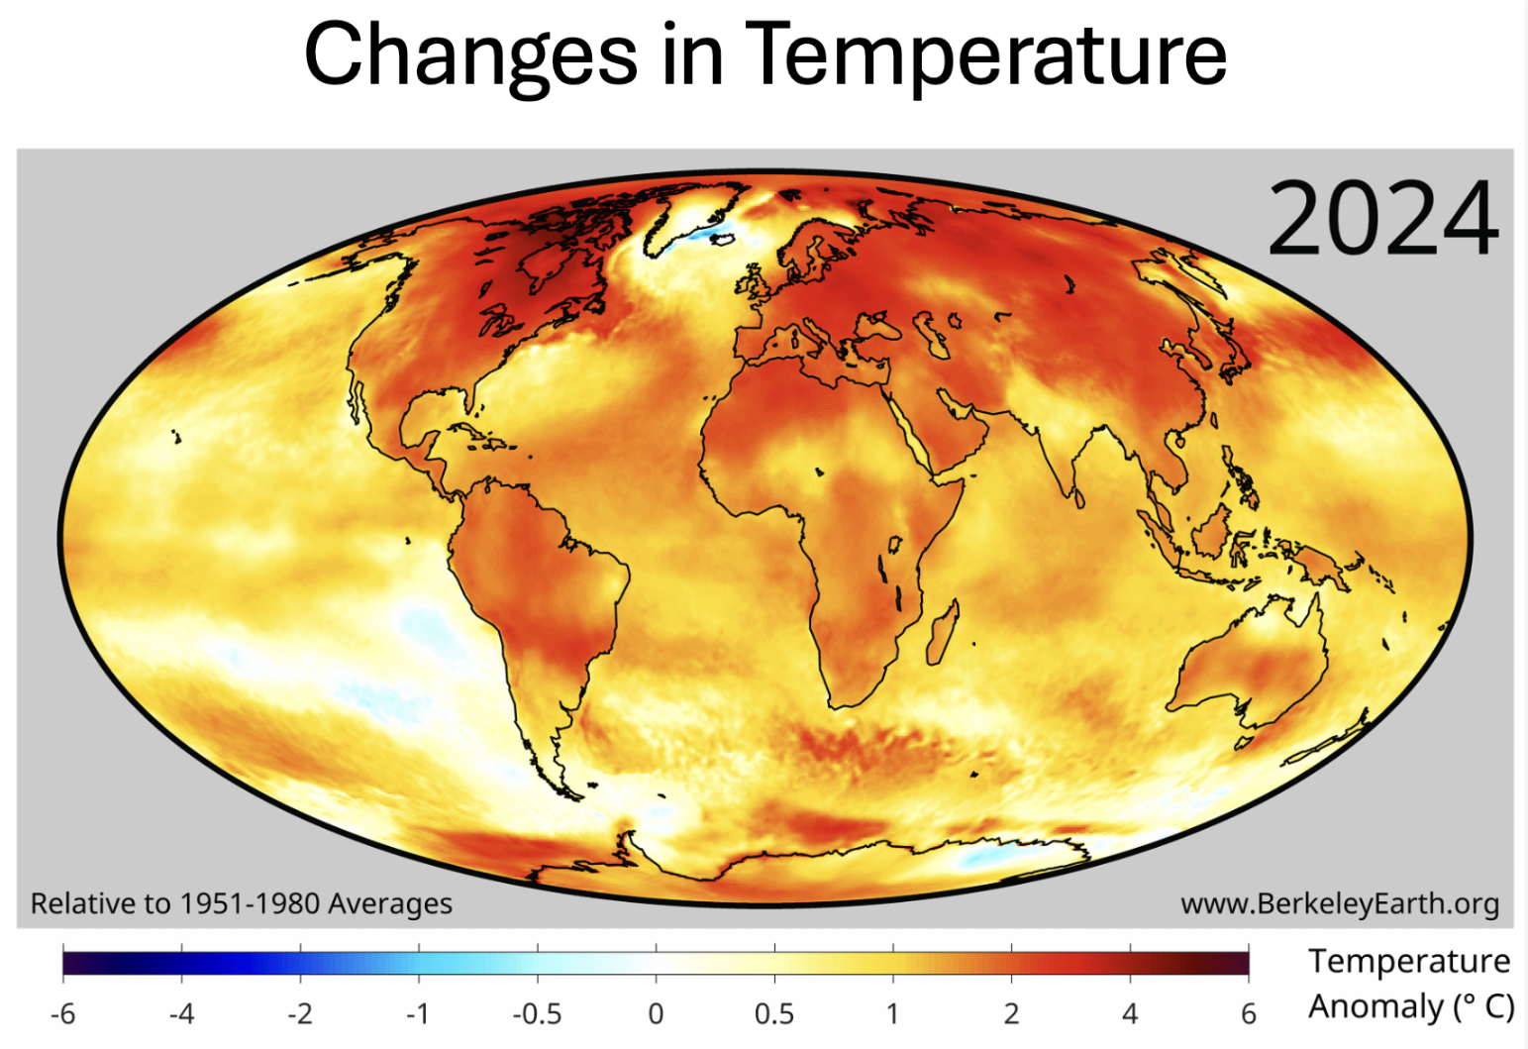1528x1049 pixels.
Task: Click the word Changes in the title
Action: (x=470, y=54)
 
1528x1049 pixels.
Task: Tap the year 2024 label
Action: (x=1382, y=219)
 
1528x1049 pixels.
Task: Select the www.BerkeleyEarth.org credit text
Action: (x=1339, y=903)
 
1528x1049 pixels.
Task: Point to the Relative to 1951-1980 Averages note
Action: (x=241, y=903)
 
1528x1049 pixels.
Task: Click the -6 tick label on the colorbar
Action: (x=62, y=1013)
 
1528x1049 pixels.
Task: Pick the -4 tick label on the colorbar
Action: (x=181, y=1013)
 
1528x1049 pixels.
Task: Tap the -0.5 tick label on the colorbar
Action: (x=536, y=1013)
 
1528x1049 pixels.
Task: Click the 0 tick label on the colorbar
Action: (x=656, y=1013)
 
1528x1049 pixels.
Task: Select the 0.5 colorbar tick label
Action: (x=773, y=1013)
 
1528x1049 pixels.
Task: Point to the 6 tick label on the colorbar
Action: (x=1249, y=1013)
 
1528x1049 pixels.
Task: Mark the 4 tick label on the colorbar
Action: (x=1130, y=1013)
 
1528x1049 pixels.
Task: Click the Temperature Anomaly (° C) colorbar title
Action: (x=1409, y=984)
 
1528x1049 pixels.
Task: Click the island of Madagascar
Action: (x=943, y=633)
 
